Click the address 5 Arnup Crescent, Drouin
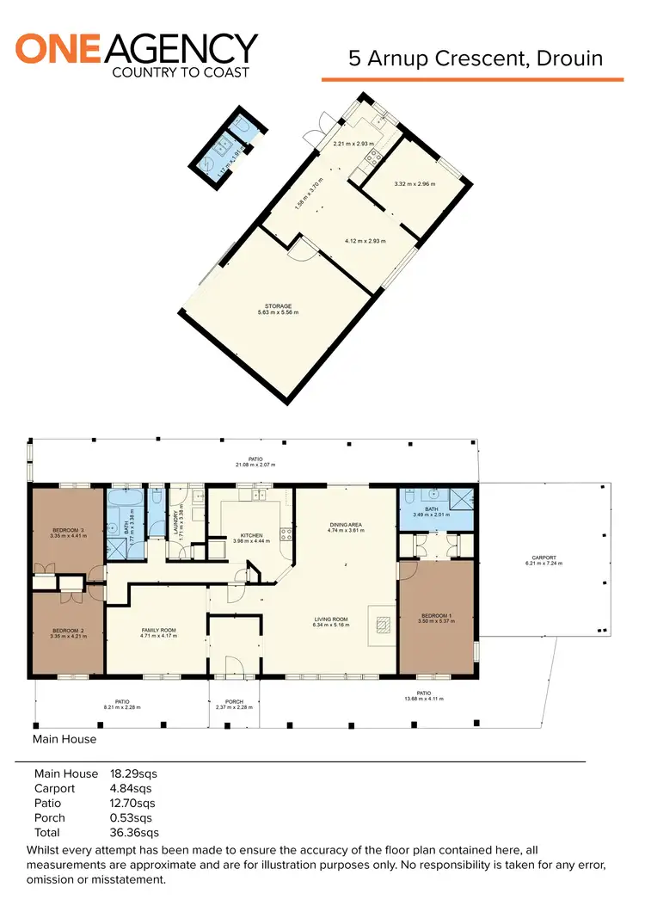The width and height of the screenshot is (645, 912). tap(476, 59)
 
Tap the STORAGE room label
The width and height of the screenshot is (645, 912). tap(279, 306)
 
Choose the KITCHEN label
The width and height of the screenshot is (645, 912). tap(250, 534)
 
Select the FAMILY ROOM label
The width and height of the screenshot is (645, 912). tap(157, 631)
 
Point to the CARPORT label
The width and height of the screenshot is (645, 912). tap(544, 558)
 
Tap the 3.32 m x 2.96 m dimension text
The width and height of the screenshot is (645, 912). tap(415, 184)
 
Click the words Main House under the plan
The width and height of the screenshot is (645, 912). tap(64, 738)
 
